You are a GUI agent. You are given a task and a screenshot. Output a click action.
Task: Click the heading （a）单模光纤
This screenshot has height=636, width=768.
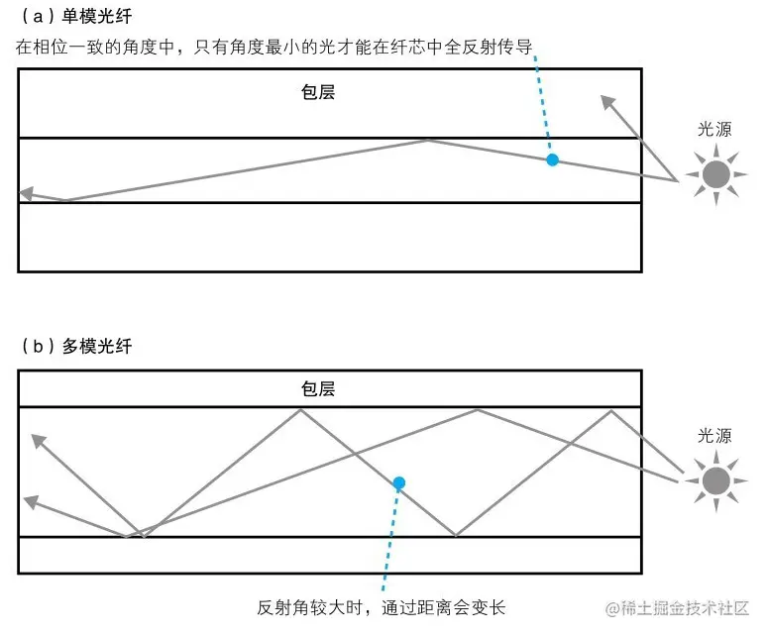pos(75,17)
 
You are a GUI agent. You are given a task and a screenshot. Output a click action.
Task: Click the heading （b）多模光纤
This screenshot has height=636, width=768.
pos(75,347)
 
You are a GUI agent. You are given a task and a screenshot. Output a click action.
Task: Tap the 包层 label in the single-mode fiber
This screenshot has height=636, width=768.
pos(318,93)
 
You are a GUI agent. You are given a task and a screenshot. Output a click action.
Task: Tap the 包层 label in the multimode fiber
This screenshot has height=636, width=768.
pos(318,388)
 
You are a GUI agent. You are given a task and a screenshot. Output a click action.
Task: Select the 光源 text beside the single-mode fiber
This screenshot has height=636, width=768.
pos(714,130)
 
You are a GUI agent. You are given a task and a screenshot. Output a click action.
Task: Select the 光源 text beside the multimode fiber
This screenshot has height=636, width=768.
pos(714,436)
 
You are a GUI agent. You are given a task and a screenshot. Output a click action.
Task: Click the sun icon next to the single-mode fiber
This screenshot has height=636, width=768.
pos(715,175)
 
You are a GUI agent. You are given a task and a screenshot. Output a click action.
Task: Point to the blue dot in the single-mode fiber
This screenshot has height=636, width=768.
pos(553,159)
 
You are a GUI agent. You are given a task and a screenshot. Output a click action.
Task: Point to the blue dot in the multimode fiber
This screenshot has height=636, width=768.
pos(398,483)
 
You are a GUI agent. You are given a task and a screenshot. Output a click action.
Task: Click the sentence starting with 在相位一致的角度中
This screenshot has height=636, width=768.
pos(277,48)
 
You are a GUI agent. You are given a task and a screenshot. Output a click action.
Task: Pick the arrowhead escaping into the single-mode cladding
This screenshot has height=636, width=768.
pos(607,100)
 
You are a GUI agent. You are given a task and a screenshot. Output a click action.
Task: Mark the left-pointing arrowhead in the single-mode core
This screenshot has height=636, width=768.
pos(27,194)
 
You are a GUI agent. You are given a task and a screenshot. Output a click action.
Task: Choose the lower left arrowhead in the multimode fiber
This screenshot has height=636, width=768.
pos(31,503)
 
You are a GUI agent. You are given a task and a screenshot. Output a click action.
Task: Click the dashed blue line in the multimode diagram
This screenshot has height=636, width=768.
pos(389,540)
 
